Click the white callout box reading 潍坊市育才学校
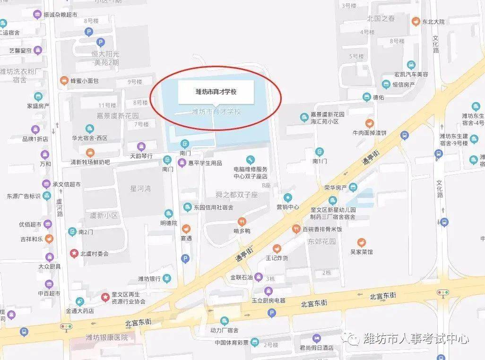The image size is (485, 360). point(216,92)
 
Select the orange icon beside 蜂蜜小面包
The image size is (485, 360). point(63,81)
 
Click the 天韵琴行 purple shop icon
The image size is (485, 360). point(140,146)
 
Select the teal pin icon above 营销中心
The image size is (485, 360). point(287,197)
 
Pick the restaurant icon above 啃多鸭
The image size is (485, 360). point(242,222)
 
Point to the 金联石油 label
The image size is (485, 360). point(241,277)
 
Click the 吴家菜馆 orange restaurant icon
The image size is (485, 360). point(362,243)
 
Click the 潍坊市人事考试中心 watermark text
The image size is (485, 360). point(416,338)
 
